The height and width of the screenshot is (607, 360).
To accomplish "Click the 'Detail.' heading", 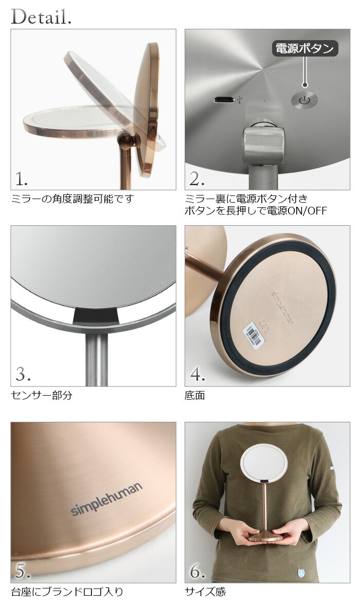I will (x=41, y=16).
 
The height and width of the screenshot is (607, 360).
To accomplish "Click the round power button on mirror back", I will (x=304, y=100).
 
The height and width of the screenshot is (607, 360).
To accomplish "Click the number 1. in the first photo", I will (x=22, y=179).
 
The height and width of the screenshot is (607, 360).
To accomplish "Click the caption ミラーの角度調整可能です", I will (x=72, y=199).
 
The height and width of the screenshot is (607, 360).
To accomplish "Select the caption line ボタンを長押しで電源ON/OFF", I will (x=256, y=211).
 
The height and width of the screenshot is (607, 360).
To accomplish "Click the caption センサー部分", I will (x=41, y=396).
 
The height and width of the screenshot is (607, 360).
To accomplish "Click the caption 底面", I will (x=195, y=396).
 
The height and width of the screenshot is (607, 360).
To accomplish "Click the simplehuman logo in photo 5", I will (x=106, y=499).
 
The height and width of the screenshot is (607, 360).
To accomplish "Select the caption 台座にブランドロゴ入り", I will (x=67, y=592).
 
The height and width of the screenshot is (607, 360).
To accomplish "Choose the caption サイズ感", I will (x=205, y=592).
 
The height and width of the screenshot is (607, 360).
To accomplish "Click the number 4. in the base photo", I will (x=197, y=375).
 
